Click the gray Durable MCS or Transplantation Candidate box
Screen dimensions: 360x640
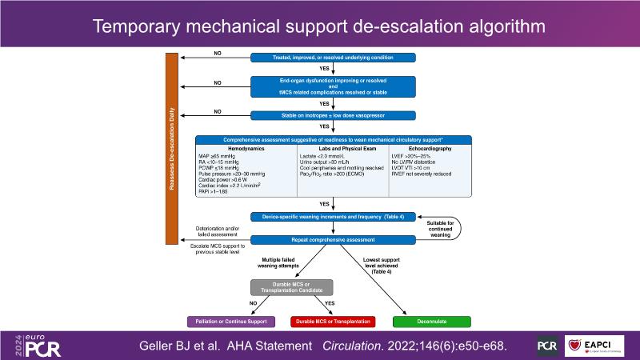(x=293, y=287)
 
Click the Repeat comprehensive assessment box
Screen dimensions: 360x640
(x=333, y=239)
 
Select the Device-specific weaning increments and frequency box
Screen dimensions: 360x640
(x=333, y=217)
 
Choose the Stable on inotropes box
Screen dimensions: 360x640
(x=333, y=114)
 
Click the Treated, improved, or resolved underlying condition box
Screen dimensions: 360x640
(x=333, y=58)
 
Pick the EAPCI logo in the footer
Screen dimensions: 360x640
(x=594, y=346)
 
